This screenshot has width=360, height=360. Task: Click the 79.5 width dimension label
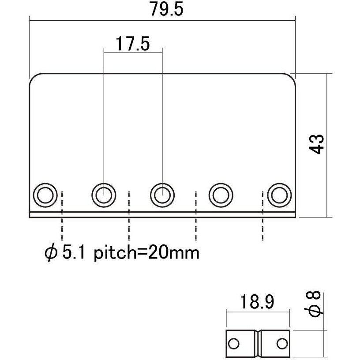167,9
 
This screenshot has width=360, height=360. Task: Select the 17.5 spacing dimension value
133,44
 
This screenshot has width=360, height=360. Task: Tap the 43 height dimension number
317,144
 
